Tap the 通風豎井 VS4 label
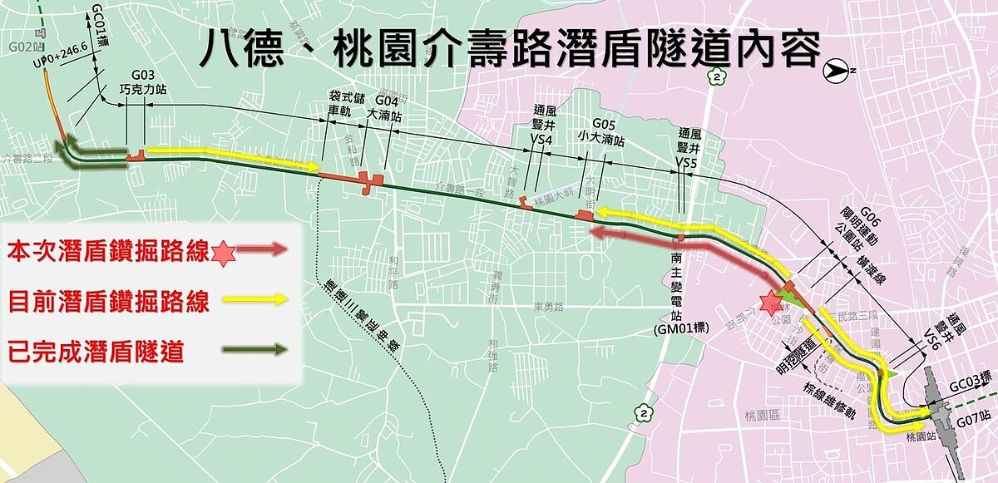point(543,125)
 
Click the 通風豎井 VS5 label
point(689,147)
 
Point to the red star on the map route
point(768,304)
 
